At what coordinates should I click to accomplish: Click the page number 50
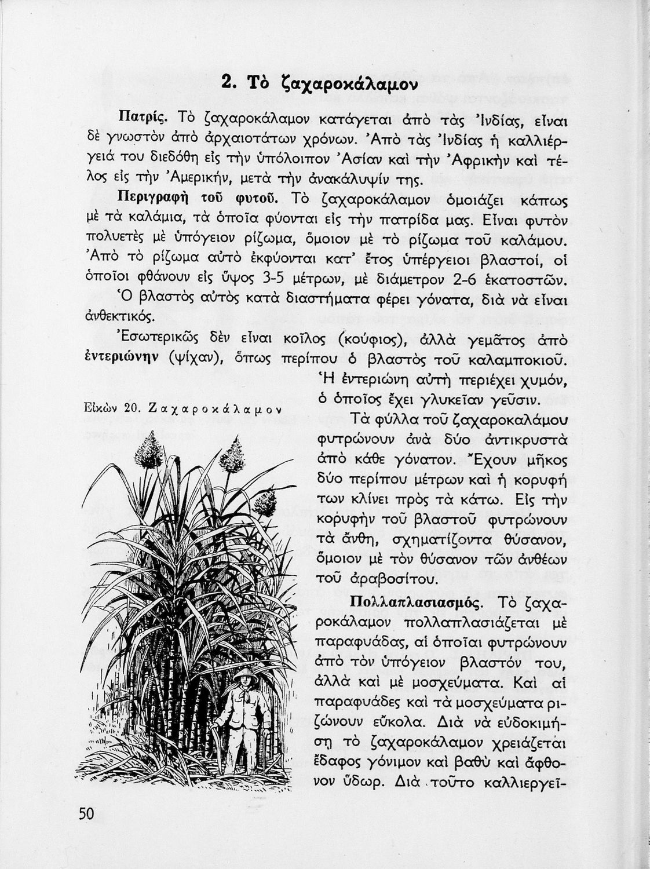click(86, 813)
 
